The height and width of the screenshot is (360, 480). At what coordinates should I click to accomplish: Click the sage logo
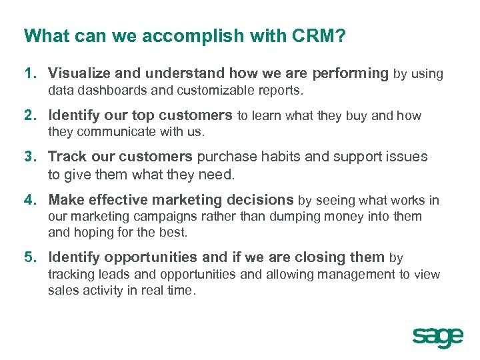(437, 337)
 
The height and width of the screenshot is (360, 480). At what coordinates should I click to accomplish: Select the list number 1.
(30, 74)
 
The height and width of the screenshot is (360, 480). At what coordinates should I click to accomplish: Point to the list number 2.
(30, 116)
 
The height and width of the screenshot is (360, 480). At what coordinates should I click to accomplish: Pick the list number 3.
(30, 157)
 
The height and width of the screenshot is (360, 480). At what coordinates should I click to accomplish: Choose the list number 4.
(30, 200)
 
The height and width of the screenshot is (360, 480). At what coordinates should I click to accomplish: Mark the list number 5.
(30, 257)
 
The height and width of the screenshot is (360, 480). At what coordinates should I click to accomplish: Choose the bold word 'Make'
(66, 200)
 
